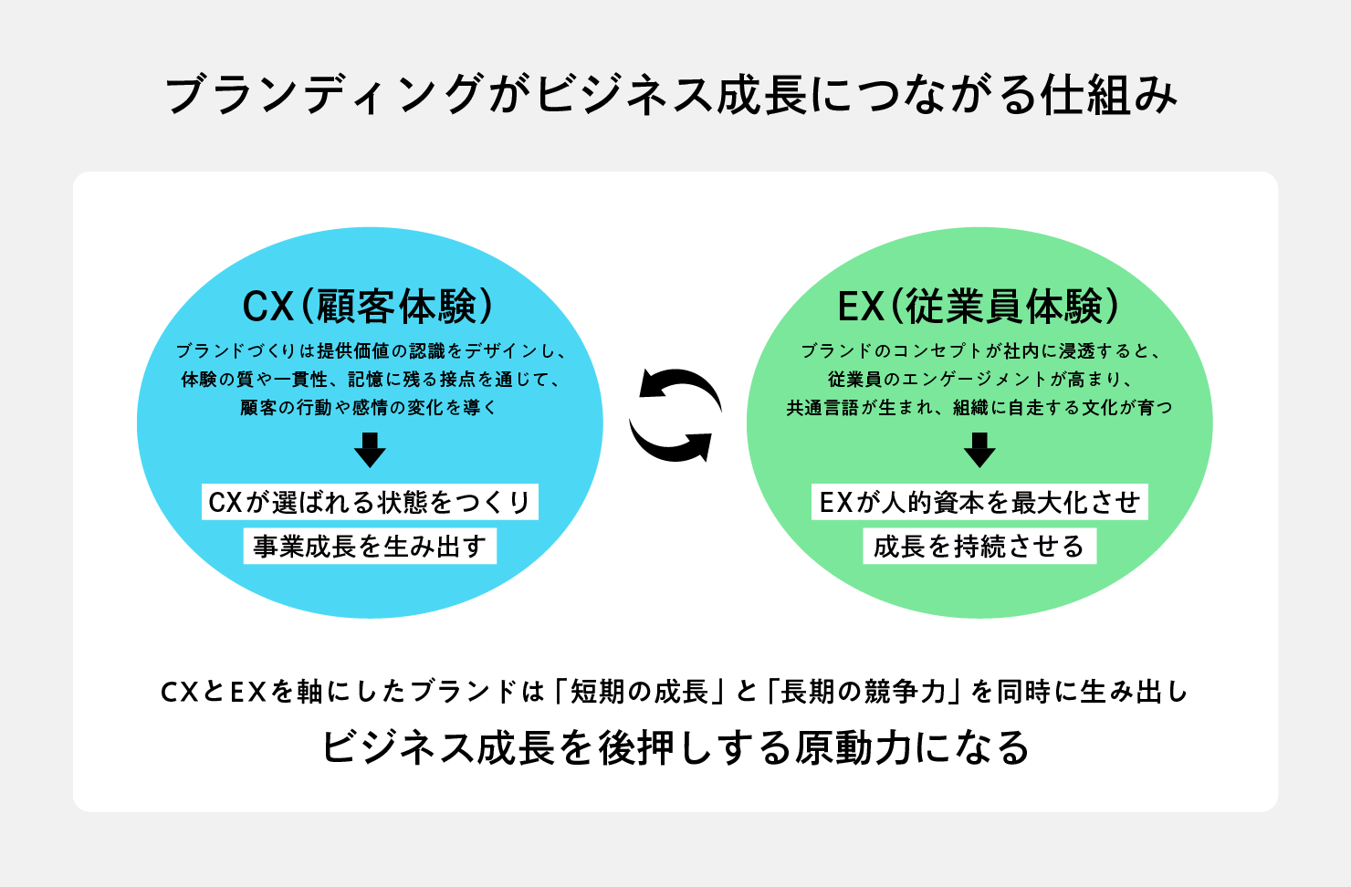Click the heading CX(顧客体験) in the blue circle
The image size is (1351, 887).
tap(369, 307)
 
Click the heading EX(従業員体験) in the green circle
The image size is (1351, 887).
tap(979, 307)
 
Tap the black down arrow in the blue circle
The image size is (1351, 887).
tap(370, 450)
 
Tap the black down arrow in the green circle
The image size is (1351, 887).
tap(979, 450)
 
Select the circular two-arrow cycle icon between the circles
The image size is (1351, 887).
tap(675, 415)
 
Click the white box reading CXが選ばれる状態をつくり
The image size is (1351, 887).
tap(370, 502)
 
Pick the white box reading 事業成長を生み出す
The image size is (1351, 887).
tap(370, 547)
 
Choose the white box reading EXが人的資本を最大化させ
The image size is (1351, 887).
tap(979, 502)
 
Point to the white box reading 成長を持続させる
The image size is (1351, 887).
tap(979, 547)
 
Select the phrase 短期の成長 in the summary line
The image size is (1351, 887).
tap(640, 692)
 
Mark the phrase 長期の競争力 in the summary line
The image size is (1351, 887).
tap(864, 692)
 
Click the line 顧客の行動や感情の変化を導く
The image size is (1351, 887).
tap(370, 408)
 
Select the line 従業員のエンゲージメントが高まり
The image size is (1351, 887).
tap(979, 380)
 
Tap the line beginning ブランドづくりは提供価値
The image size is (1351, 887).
tap(370, 351)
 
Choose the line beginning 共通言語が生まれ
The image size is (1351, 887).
tap(979, 408)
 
